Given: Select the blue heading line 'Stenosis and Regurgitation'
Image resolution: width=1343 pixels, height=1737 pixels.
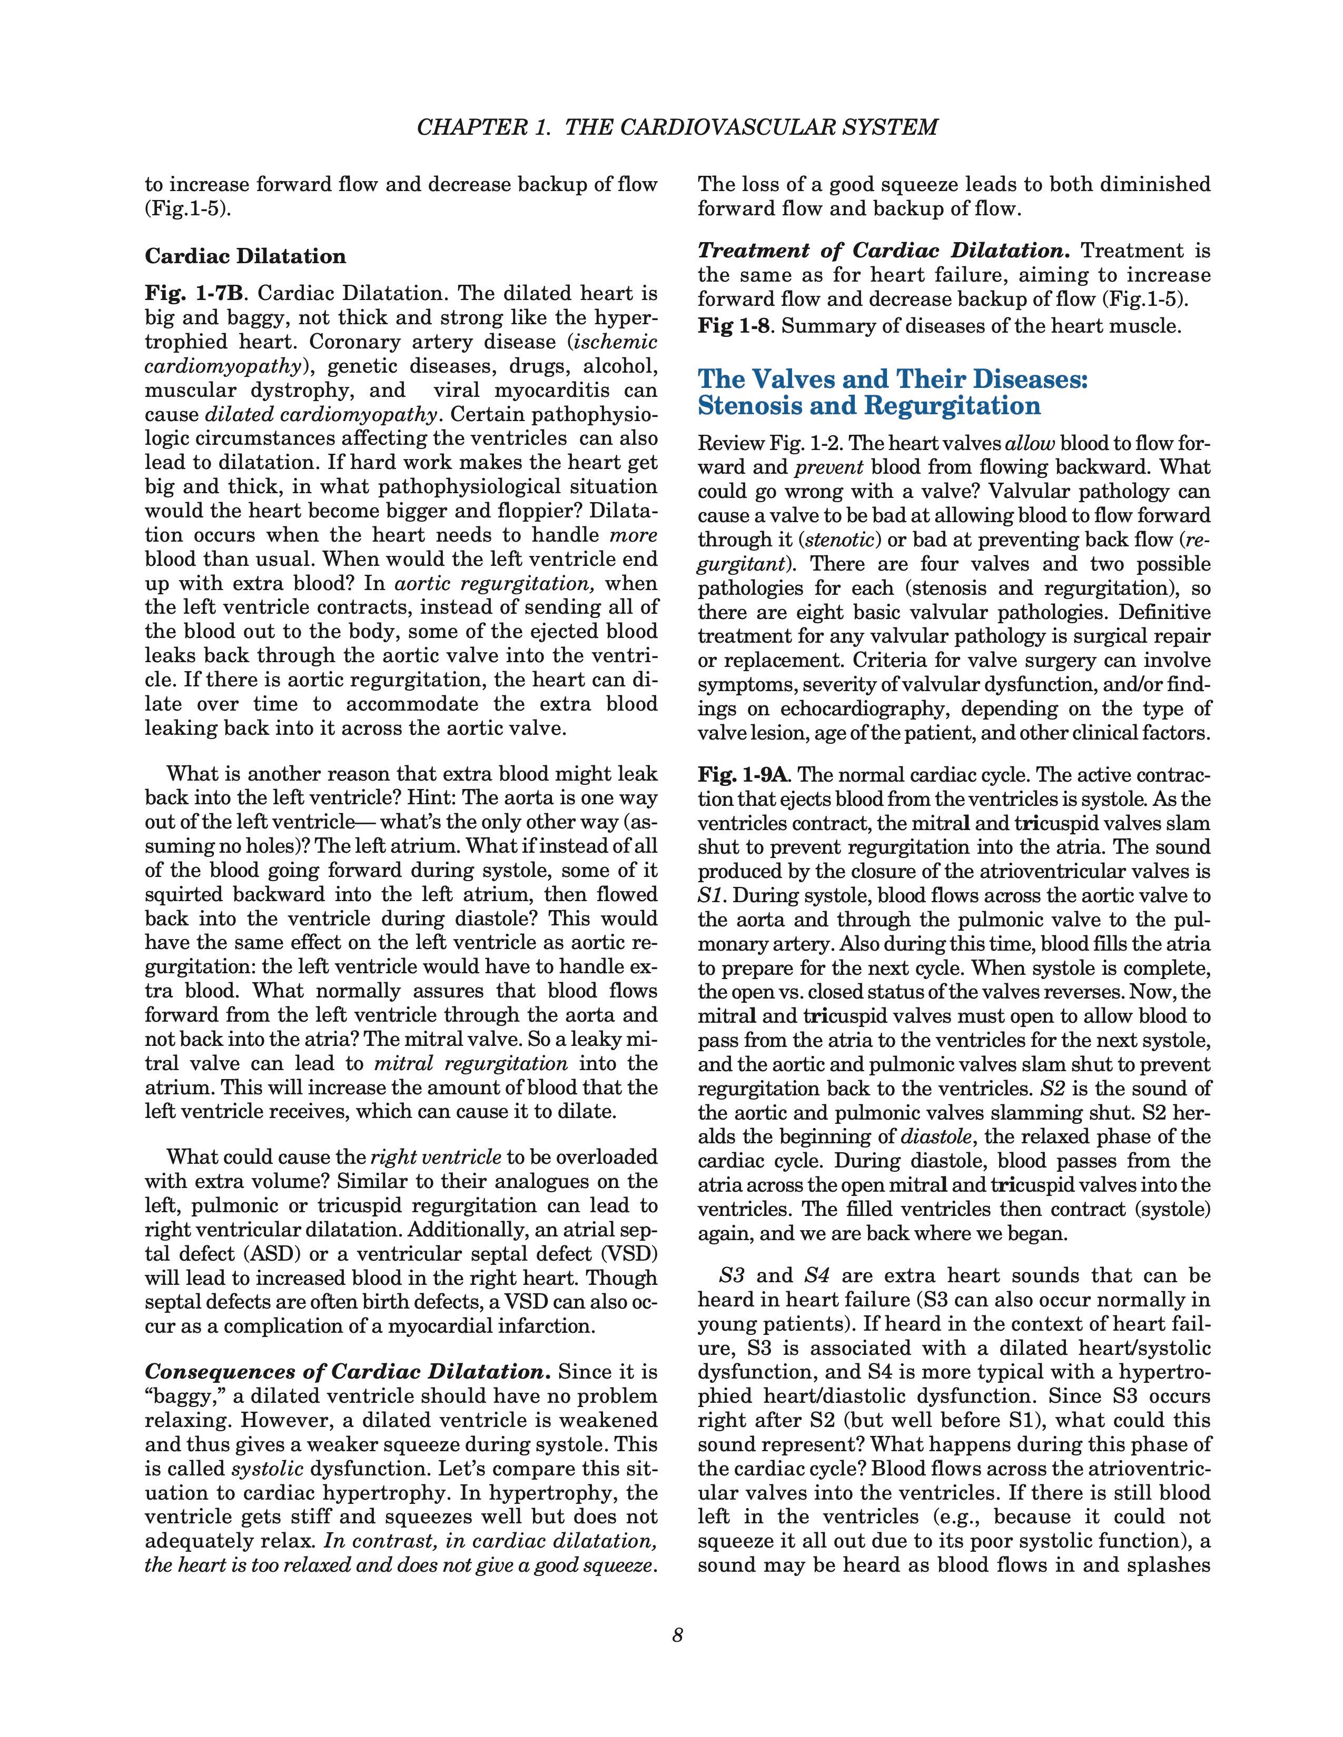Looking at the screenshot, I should (869, 406).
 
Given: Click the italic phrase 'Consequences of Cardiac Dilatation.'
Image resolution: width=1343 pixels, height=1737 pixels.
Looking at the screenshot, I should (348, 1372).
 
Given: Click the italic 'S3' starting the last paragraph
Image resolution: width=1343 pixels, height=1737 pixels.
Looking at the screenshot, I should (731, 1276).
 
